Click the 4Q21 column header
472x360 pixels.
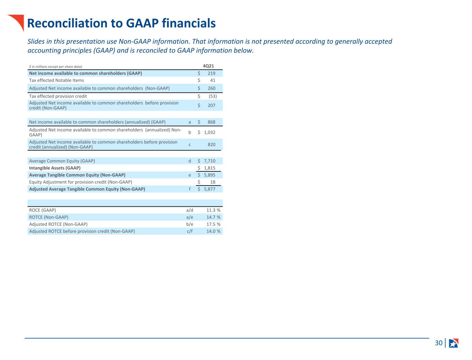pyautogui.click(x=208, y=66)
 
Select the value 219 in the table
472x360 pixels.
pyautogui.click(x=211, y=73)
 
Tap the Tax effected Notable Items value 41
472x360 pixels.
pyautogui.click(x=213, y=80)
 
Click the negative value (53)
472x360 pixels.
pyautogui.click(x=213, y=96)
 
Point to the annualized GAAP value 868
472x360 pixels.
pyautogui.click(x=211, y=122)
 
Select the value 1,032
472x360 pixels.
pyautogui.click(x=210, y=132)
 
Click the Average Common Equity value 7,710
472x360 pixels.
pyautogui.click(x=210, y=161)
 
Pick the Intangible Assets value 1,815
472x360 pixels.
pyautogui.click(x=210, y=168)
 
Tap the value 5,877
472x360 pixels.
pyautogui.click(x=210, y=189)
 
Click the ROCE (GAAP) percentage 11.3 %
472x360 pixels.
pyautogui.click(x=213, y=210)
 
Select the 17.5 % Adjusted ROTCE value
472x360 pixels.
pyautogui.click(x=213, y=224)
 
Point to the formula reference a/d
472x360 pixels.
pyautogui.click(x=189, y=210)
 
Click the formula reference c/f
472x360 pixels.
pyautogui.click(x=189, y=231)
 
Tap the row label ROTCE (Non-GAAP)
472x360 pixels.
pyautogui.click(x=49, y=217)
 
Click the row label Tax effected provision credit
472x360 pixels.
pyautogui.click(x=58, y=96)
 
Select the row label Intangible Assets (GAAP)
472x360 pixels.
pyautogui.click(x=55, y=168)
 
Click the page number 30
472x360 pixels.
pyautogui.click(x=438, y=343)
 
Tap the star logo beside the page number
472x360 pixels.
pyautogui.click(x=454, y=343)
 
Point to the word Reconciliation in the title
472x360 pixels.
pyautogui.click(x=67, y=23)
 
